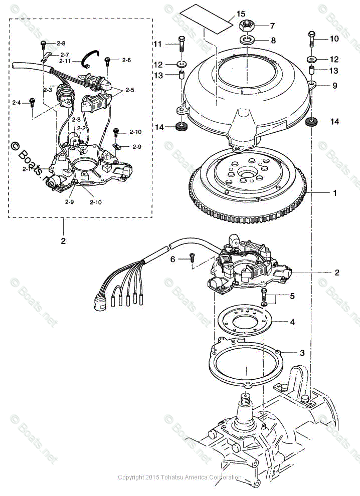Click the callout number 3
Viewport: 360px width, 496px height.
(302, 353)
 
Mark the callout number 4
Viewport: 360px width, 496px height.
(292, 322)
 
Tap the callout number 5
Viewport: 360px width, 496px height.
(292, 296)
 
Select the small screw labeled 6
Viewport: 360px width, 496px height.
(192, 258)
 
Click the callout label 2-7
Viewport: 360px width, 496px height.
(64, 54)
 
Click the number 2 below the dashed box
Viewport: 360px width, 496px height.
(63, 241)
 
